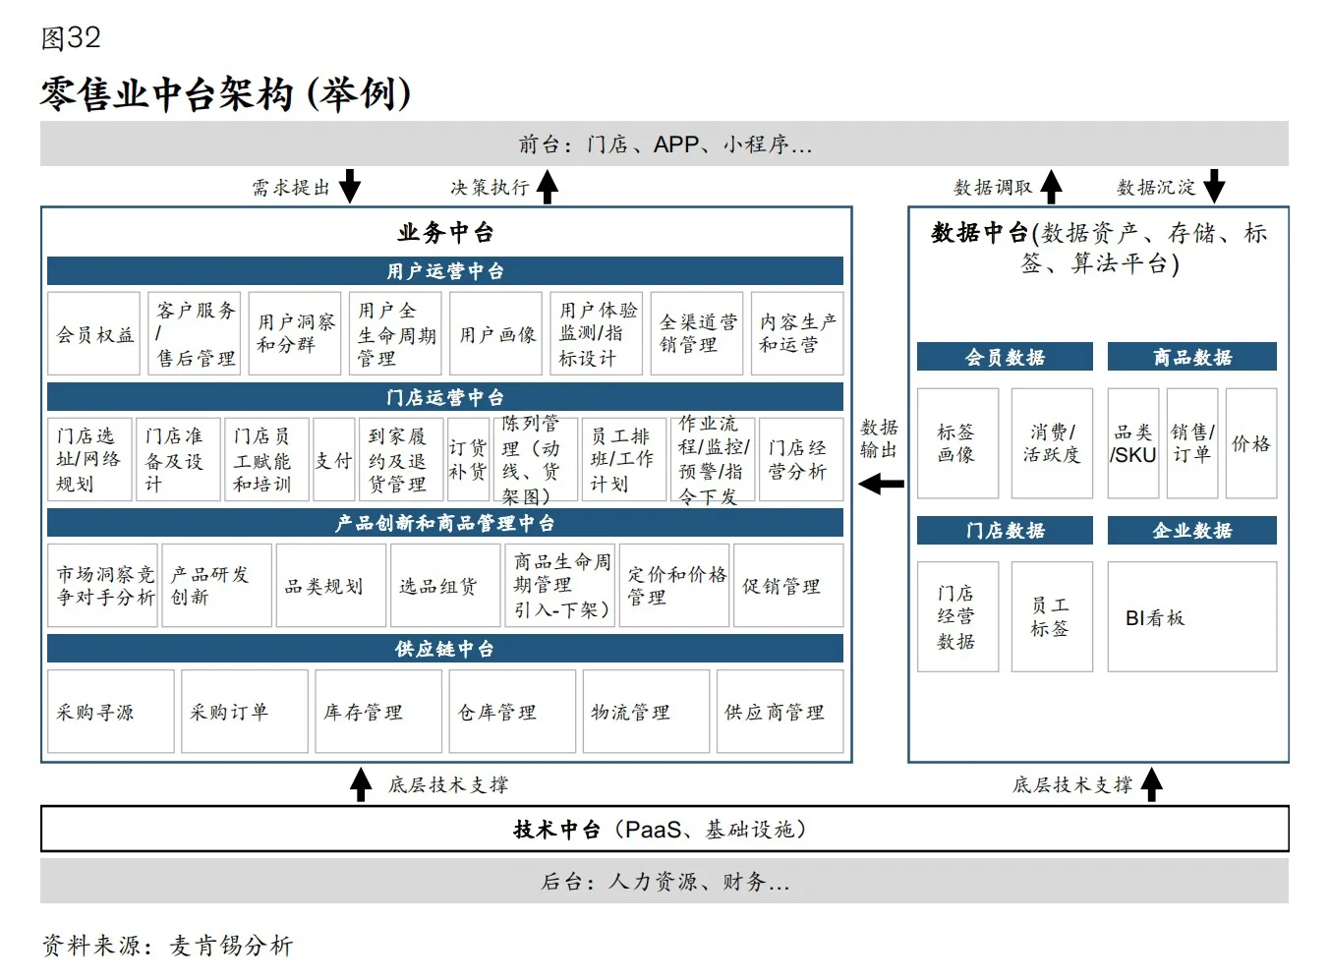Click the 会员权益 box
coord(94,334)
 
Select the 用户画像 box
coord(496,334)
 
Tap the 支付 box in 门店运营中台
coord(333,460)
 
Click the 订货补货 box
coord(468,460)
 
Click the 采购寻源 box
coord(111,712)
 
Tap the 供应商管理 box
coord(780,712)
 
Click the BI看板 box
coord(1191,617)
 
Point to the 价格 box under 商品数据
coord(1250,443)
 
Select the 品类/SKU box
coord(1133,443)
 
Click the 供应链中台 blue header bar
coord(445,649)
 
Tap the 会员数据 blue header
coord(1005,357)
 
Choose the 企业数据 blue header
coord(1191,531)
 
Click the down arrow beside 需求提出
coord(350,186)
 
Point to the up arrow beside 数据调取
coord(1052,186)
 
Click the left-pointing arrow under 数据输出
coord(881,484)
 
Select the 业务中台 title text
coord(445,233)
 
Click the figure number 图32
coord(71,37)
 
